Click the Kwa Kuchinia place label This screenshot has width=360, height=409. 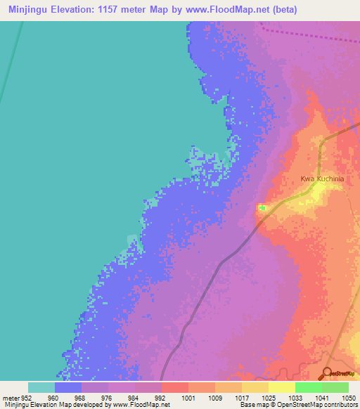(322, 179)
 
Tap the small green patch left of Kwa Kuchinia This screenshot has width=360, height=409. (262, 207)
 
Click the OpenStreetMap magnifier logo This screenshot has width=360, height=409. (327, 374)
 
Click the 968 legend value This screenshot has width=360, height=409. (81, 397)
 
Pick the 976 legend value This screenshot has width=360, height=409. (108, 397)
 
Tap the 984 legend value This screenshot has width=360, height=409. (134, 397)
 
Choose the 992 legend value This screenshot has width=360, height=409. (161, 397)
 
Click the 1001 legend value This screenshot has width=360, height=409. (188, 397)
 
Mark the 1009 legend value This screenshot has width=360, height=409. (214, 397)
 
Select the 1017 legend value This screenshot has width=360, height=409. (241, 397)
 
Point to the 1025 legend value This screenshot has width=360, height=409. (268, 397)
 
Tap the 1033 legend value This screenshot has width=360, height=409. (295, 397)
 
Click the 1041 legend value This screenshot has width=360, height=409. (321, 397)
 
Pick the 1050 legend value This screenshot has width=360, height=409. (348, 397)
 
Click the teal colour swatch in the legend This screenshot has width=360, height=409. (41, 387)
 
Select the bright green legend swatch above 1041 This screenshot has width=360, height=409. (308, 387)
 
